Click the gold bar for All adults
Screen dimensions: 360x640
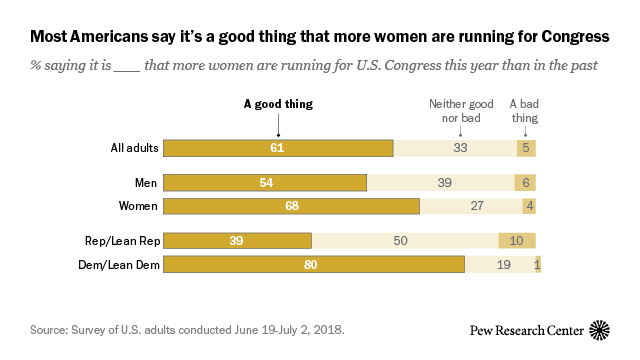pos(278,149)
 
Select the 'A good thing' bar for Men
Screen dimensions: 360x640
pos(265,183)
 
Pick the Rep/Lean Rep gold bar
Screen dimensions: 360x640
pos(237,241)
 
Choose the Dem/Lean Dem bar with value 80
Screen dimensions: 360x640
pos(313,265)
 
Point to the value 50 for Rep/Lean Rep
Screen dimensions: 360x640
pos(399,241)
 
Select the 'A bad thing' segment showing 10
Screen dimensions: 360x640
pos(517,241)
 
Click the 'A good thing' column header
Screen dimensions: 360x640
pos(279,103)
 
